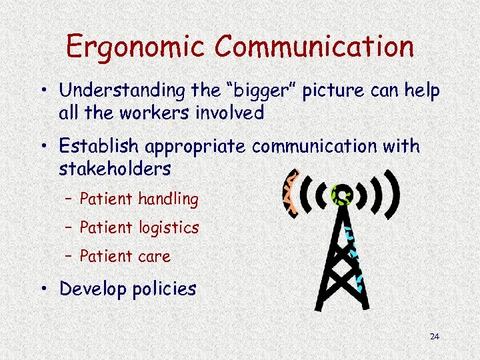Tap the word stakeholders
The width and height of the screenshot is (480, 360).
tap(115, 169)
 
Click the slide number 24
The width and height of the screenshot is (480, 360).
tap(435, 337)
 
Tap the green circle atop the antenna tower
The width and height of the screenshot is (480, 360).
tap(342, 194)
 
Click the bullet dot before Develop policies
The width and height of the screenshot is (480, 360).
tap(47, 289)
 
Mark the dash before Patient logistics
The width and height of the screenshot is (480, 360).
tap(69, 228)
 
